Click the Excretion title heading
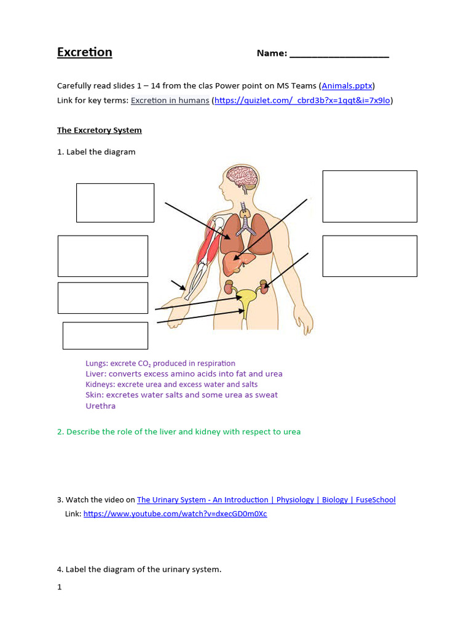(85, 52)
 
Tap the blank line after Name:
(339, 54)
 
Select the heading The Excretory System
(100, 130)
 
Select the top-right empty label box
(369, 196)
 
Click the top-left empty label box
(115, 202)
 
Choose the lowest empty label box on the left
(105, 335)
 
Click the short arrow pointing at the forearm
(178, 285)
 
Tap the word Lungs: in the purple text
(97, 364)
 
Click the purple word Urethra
(101, 406)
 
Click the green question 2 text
(179, 432)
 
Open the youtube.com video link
(175, 514)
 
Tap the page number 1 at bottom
(60, 587)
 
